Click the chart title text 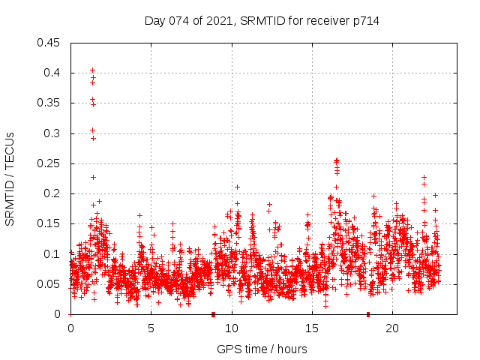(262, 21)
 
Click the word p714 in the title (365, 21)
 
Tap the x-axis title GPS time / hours (262, 349)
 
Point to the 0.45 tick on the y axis (49, 43)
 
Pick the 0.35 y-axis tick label (49, 103)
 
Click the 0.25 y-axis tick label (49, 163)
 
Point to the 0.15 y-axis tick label (49, 223)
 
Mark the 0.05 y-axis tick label (49, 284)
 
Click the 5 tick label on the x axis (151, 328)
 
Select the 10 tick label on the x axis (231, 328)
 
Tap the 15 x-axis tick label (311, 328)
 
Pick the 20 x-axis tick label (392, 328)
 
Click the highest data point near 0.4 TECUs (92, 70)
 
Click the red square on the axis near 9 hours (213, 314)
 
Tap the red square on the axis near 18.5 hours (368, 314)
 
